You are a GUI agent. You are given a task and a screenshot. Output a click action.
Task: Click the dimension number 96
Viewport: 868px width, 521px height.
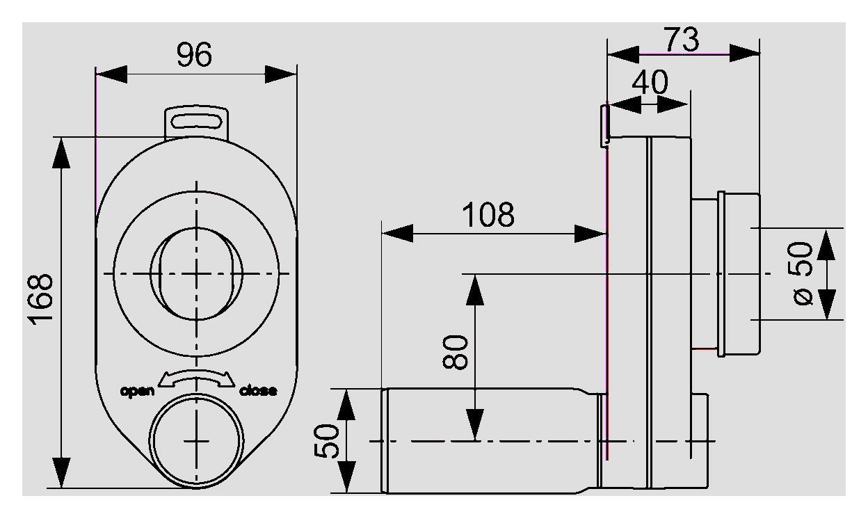coord(194,55)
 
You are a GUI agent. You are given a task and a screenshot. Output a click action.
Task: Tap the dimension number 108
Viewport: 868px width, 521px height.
coord(489,215)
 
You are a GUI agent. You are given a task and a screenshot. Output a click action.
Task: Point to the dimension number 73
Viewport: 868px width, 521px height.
coord(681,40)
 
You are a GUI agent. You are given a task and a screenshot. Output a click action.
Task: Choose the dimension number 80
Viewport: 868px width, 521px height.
coord(456,353)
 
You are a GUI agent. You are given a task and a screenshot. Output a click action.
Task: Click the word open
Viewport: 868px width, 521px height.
coord(138,390)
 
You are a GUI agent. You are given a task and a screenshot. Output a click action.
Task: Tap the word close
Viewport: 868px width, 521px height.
coord(257,390)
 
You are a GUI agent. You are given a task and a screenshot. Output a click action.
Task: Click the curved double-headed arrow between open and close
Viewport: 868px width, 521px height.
coord(196,378)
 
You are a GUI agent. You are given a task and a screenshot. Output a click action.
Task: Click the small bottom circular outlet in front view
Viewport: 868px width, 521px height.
coord(198,440)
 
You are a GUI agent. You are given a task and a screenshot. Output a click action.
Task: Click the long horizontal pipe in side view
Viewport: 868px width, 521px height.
coord(487,441)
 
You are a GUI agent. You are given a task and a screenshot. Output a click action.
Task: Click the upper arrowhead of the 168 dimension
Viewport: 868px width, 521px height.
coord(62,152)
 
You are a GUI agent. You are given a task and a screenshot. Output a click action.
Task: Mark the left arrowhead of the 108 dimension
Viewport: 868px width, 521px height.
coord(398,234)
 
